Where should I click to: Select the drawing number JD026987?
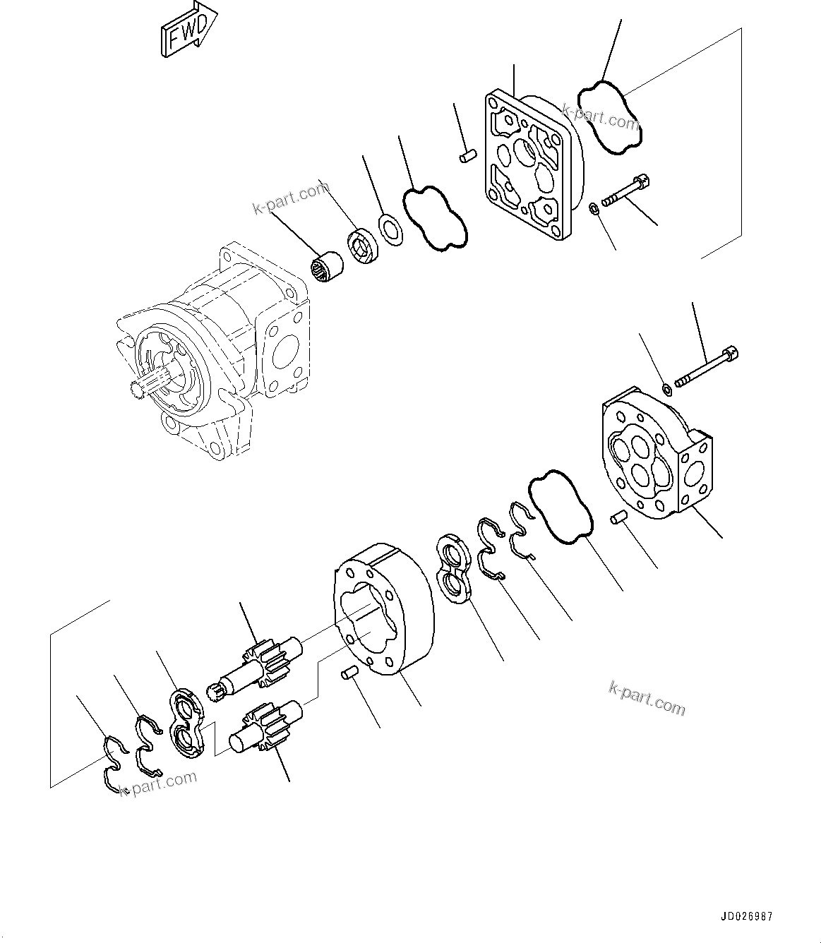pyautogui.click(x=746, y=917)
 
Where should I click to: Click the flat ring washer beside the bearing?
pyautogui.click(x=390, y=229)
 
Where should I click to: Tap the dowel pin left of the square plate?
pyautogui.click(x=465, y=157)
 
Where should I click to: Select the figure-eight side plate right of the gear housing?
pyautogui.click(x=454, y=570)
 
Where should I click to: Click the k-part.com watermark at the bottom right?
pyautogui.click(x=647, y=698)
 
